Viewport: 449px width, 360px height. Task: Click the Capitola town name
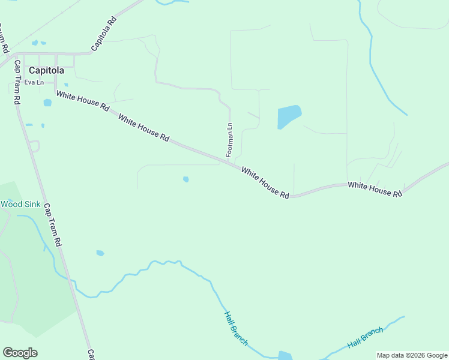(x=46, y=70)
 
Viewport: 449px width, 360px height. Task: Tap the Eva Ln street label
(x=34, y=82)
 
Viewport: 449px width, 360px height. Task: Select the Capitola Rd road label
(x=104, y=34)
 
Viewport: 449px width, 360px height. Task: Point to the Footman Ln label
(x=229, y=140)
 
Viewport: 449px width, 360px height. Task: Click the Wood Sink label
(x=20, y=204)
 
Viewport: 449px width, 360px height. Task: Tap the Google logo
(x=20, y=353)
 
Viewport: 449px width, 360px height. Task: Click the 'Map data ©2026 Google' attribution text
(x=412, y=355)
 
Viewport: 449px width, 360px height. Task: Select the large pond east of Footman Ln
(x=288, y=116)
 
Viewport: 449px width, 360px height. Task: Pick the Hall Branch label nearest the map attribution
(x=365, y=338)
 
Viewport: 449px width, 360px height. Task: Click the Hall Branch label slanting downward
(x=236, y=328)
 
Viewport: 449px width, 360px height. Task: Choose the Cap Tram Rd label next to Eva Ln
(x=17, y=83)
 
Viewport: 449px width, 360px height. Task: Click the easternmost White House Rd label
(x=375, y=190)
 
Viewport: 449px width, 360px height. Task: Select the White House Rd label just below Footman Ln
(x=265, y=183)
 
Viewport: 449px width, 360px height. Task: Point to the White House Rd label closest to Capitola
(x=83, y=100)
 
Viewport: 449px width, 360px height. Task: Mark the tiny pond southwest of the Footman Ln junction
(x=186, y=179)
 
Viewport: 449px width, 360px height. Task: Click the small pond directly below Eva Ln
(x=47, y=103)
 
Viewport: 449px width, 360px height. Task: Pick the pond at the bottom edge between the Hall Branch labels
(x=285, y=356)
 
